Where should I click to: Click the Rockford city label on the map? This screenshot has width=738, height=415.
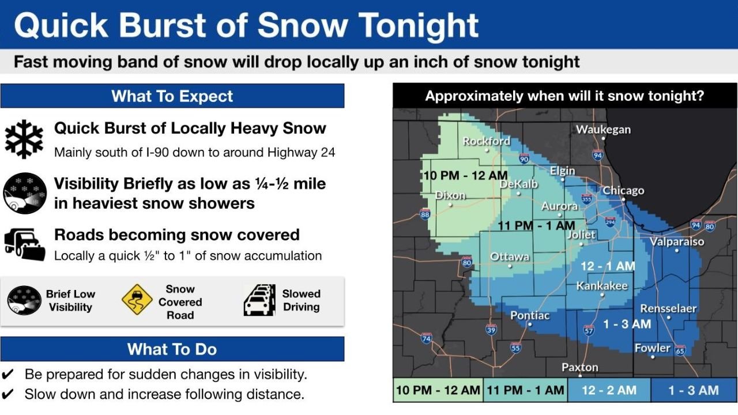[487, 141]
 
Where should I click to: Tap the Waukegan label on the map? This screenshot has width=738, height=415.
[603, 130]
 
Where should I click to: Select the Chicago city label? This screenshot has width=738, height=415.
[623, 190]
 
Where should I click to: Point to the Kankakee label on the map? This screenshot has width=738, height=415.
[602, 286]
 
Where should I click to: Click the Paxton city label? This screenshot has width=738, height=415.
[580, 367]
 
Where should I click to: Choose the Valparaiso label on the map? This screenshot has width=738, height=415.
[677, 242]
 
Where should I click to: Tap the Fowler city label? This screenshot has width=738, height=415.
[653, 348]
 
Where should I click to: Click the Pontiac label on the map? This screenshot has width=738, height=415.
[530, 315]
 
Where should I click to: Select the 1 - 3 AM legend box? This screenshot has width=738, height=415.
[693, 390]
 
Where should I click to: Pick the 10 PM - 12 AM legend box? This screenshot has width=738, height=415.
[438, 390]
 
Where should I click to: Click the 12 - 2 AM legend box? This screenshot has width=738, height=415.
[609, 390]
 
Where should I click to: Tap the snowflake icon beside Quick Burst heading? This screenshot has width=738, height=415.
[24, 139]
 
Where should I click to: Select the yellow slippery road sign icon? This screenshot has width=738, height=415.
[137, 300]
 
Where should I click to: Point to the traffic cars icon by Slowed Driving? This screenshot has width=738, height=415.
[259, 300]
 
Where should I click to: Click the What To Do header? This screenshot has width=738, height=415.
[172, 349]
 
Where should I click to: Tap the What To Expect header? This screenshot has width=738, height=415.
[172, 96]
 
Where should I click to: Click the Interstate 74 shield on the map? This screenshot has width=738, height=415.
[426, 338]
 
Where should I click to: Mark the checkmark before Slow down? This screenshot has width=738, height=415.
[9, 395]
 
